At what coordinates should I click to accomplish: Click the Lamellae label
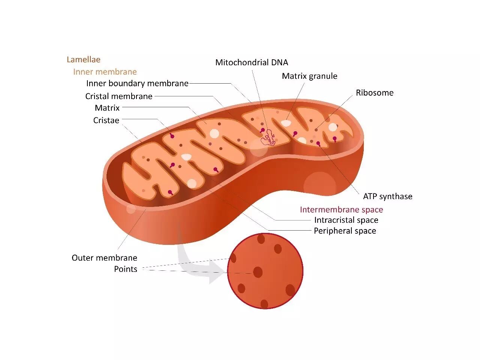pos(83,60)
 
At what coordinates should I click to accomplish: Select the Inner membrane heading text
pos(105,72)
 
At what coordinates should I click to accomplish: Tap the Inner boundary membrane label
pos(137,84)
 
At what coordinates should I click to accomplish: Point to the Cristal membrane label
pos(118,96)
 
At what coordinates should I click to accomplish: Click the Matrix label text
pos(107,108)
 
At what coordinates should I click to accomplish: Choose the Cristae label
pos(106,120)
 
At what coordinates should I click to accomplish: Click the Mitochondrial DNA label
pos(252,63)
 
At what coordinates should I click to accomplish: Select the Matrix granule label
pos(309,76)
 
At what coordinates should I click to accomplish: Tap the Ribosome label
pos(375,93)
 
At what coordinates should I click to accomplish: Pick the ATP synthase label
pos(387,196)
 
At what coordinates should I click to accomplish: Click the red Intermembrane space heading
pos(341,210)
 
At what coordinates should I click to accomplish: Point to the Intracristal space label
pos(346,220)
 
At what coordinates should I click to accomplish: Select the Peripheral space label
pos(345,231)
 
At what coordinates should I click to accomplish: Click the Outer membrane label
pos(104,258)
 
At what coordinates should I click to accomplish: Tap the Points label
pos(125,269)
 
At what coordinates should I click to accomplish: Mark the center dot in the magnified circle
pos(258,272)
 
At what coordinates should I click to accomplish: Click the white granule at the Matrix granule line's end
pos(286,123)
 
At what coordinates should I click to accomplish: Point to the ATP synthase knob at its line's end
pos(318,143)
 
